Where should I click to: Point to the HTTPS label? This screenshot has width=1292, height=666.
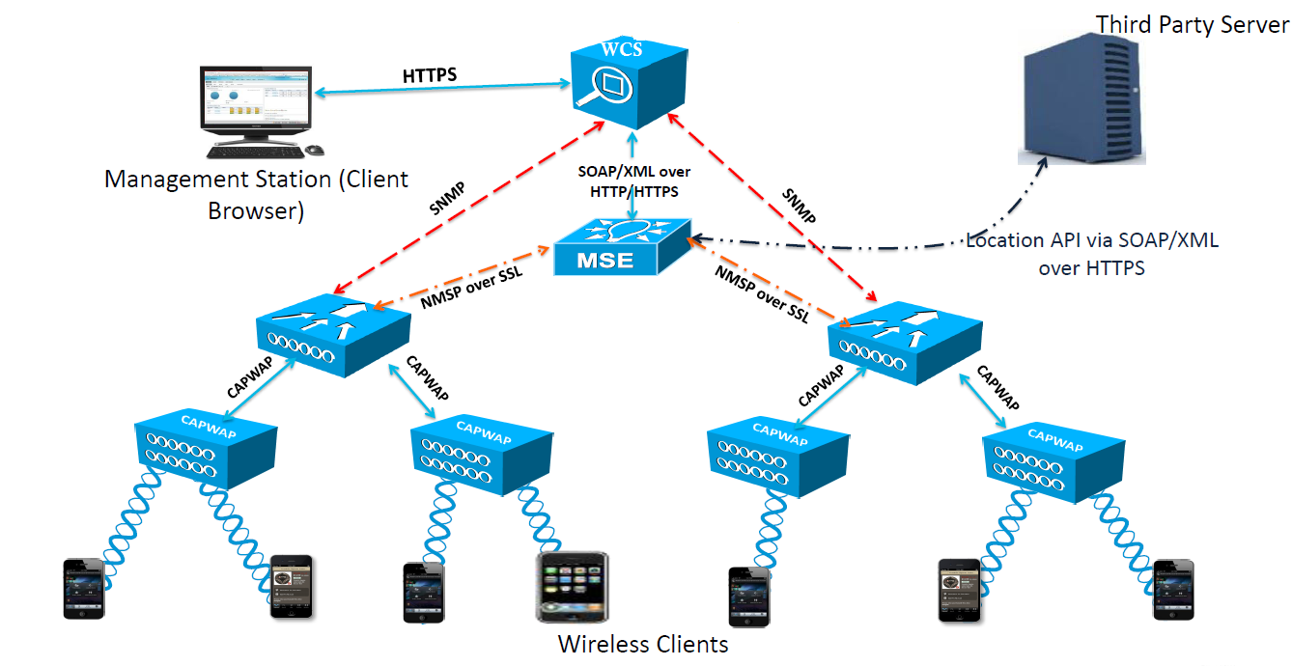point(430,74)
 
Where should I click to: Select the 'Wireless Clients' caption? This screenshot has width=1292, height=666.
point(643,643)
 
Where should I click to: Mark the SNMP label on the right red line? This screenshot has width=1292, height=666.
point(799,203)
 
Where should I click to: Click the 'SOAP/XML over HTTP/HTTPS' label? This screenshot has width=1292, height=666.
point(633,181)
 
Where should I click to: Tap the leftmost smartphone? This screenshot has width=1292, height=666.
point(82,587)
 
